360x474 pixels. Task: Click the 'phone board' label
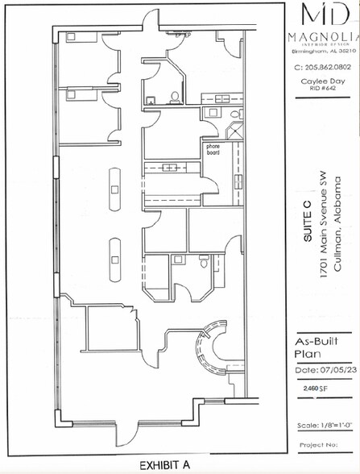pos(213,148)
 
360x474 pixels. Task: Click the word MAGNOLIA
pos(321,38)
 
